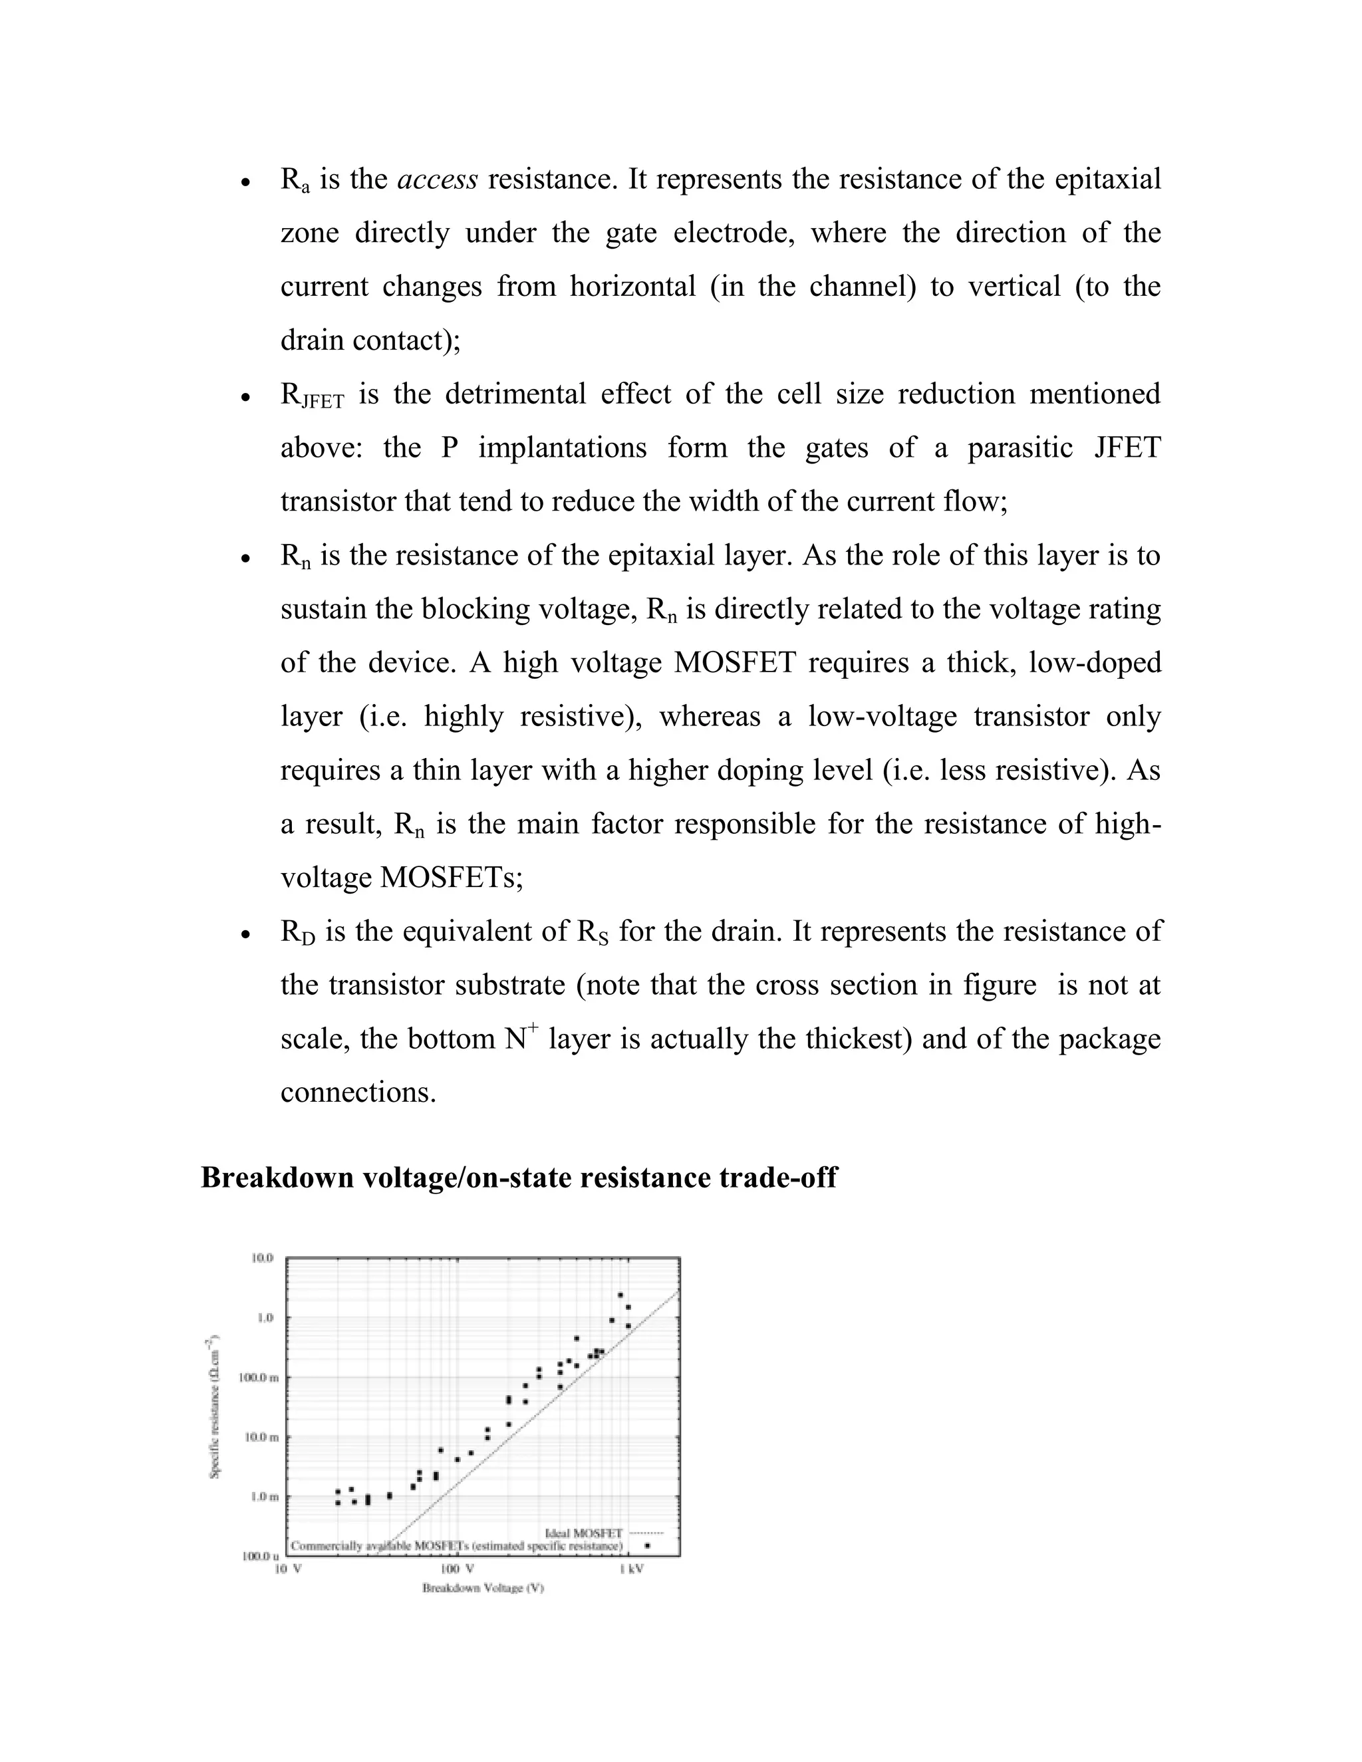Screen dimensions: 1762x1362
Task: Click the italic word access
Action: [438, 179]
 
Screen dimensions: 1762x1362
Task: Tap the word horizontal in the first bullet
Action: [632, 287]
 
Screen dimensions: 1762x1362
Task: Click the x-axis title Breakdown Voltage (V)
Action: [483, 1588]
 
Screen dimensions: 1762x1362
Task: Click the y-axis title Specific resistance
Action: [215, 1408]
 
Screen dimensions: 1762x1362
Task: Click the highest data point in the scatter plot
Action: [620, 1295]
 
